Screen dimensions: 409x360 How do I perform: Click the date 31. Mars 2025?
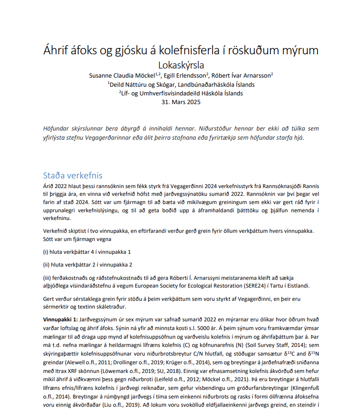click(181, 102)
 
